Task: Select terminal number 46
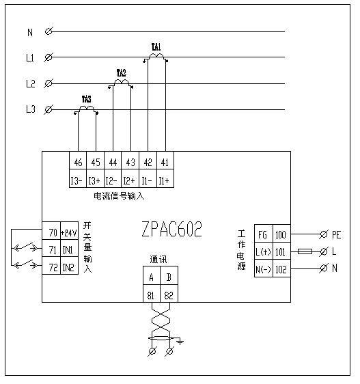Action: (79, 162)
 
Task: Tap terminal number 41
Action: (164, 162)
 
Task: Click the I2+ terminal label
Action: (130, 181)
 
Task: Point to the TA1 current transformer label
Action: (156, 47)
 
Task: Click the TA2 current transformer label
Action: (121, 72)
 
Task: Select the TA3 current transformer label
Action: (87, 99)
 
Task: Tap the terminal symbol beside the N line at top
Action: (49, 31)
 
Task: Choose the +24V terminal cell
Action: (69, 232)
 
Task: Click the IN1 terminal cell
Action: (69, 250)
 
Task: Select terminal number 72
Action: (52, 267)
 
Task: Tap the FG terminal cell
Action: (262, 234)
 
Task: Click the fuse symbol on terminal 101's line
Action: (305, 251)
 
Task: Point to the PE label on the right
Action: (336, 234)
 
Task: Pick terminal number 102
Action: (280, 269)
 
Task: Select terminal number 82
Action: (169, 295)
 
